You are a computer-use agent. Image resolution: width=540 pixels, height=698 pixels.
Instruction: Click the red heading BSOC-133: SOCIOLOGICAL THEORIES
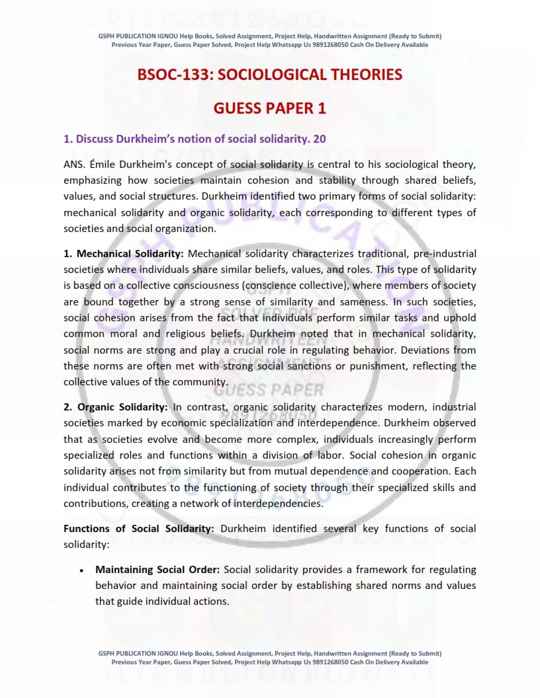[x=269, y=75]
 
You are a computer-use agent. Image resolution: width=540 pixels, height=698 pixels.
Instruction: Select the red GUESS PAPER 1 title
[x=269, y=108]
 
